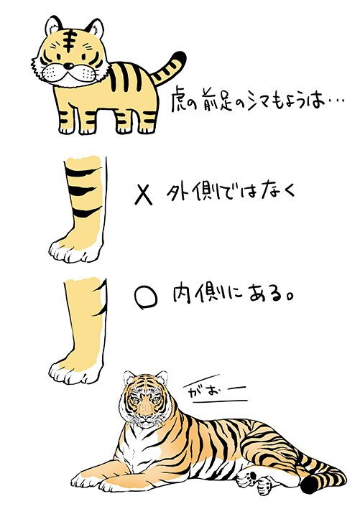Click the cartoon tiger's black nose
point(68,66)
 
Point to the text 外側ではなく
point(231,193)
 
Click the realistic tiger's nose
point(145,414)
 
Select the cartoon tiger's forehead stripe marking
point(69,40)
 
